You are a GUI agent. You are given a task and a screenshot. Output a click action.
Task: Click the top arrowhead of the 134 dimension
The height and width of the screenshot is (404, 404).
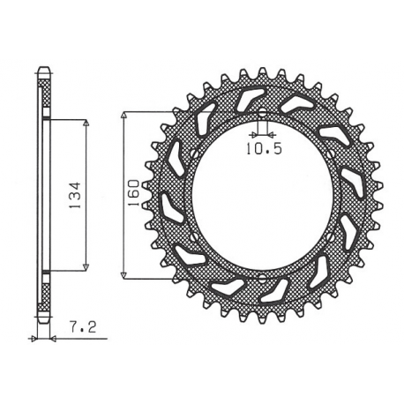coord(86,122)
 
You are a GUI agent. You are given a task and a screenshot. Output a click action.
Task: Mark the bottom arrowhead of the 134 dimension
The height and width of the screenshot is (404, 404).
coord(86,266)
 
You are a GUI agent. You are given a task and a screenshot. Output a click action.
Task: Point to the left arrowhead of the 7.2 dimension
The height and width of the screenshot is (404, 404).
coord(34,338)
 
